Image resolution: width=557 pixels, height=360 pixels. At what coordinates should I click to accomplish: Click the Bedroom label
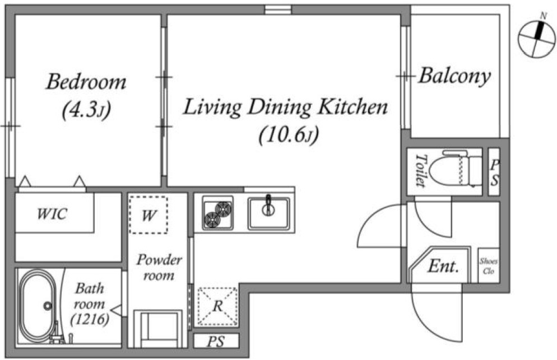click(86, 81)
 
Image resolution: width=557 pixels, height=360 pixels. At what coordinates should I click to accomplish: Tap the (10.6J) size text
click(289, 135)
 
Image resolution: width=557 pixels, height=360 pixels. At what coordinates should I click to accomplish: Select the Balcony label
click(454, 76)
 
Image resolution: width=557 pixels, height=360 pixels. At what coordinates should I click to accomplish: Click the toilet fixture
click(454, 169)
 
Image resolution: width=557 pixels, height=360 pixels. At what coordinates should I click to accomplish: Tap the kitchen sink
click(269, 213)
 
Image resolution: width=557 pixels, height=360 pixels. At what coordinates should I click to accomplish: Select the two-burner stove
click(218, 213)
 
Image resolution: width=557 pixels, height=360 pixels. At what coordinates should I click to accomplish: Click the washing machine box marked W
click(148, 215)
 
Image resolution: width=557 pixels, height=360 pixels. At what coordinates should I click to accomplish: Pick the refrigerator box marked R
click(218, 306)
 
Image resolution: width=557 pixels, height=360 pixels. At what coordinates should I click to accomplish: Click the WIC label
click(52, 214)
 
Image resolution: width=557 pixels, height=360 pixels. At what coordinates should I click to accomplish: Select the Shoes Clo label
click(489, 266)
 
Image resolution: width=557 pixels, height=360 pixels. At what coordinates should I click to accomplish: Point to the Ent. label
click(443, 266)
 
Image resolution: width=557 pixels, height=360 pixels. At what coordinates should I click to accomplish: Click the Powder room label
click(159, 267)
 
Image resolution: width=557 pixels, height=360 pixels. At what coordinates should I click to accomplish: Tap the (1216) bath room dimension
click(90, 320)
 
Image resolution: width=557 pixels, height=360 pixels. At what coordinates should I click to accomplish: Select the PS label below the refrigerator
click(216, 342)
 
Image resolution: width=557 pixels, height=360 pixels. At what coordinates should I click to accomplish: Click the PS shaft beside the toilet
click(494, 172)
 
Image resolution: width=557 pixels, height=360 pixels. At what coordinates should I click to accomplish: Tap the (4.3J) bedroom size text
click(86, 110)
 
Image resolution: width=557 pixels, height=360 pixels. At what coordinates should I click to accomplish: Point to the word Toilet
click(421, 170)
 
